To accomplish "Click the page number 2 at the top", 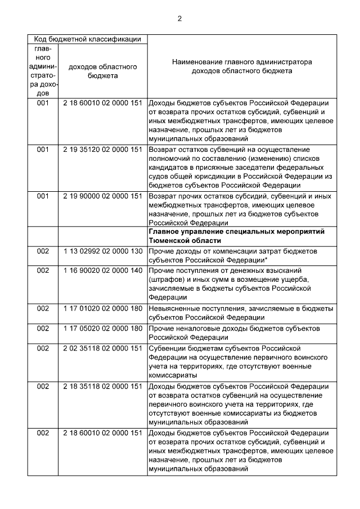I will point(179,19).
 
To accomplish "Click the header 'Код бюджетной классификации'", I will point(87,39).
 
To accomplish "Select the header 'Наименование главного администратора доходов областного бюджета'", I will point(242,66).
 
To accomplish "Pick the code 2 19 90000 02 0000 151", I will point(102,196).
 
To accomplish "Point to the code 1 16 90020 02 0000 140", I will point(102,270).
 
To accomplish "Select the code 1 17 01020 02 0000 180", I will point(102,309).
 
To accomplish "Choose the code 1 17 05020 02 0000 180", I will point(102,328).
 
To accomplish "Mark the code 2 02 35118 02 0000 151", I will point(102,348).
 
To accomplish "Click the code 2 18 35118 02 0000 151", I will point(102,386).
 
